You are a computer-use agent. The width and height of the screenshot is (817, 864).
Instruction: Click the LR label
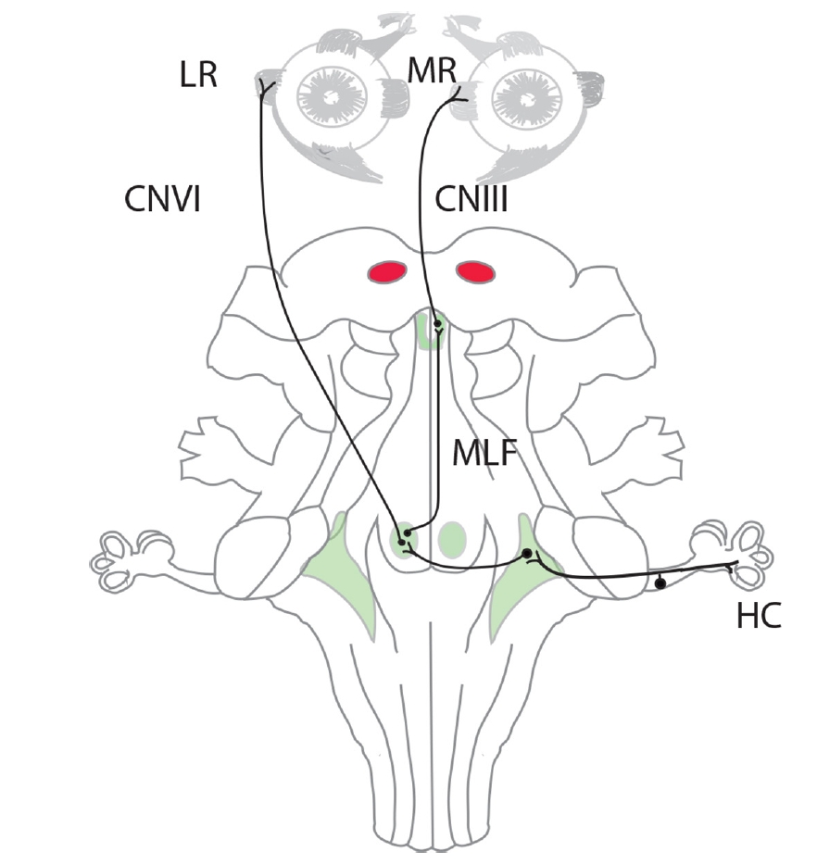click(x=197, y=75)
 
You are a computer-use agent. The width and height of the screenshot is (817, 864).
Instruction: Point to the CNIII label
click(x=471, y=199)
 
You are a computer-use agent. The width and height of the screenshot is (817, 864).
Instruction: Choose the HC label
click(x=758, y=617)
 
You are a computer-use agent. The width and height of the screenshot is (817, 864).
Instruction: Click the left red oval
click(x=388, y=271)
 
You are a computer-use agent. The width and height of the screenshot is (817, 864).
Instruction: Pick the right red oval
click(x=474, y=271)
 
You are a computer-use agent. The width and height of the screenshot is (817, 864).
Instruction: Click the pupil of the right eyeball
click(x=523, y=98)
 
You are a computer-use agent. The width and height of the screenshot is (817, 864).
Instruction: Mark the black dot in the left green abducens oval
click(x=403, y=536)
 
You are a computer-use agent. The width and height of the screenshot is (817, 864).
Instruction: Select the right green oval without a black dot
click(x=451, y=537)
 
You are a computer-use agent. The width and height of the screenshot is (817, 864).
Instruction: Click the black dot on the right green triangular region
click(x=527, y=554)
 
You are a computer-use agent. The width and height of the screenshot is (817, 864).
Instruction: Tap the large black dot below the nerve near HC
click(x=660, y=583)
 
